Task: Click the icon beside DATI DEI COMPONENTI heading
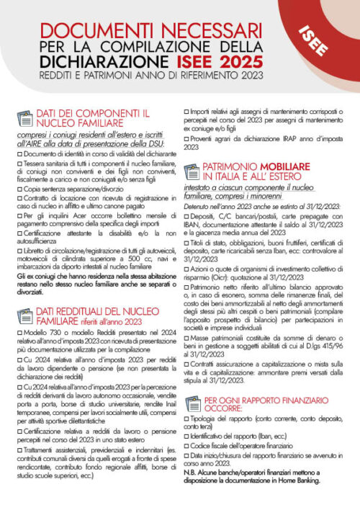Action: click(26, 118)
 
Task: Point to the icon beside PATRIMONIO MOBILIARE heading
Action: click(192, 171)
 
